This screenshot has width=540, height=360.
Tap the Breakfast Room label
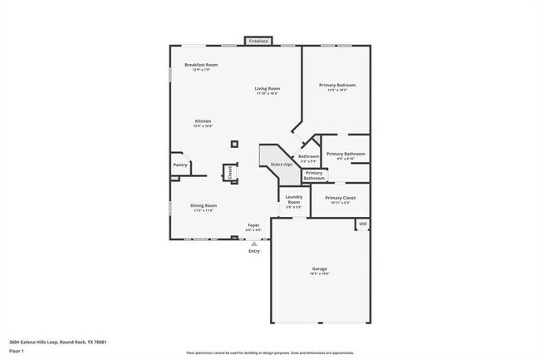click(201, 65)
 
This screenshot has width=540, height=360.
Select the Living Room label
click(267, 89)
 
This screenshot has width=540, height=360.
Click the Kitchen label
click(204, 122)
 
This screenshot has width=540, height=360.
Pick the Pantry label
click(180, 165)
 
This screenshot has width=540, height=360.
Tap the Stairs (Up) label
click(281, 165)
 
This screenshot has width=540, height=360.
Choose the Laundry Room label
click(293, 200)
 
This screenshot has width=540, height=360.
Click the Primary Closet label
click(340, 198)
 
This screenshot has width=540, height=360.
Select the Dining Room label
click(204, 205)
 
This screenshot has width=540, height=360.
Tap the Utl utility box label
click(363, 224)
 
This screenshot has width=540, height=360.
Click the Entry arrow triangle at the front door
click(254, 244)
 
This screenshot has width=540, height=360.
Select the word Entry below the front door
click(254, 251)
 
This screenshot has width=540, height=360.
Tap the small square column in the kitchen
click(234, 144)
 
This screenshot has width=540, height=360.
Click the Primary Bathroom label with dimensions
click(346, 155)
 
